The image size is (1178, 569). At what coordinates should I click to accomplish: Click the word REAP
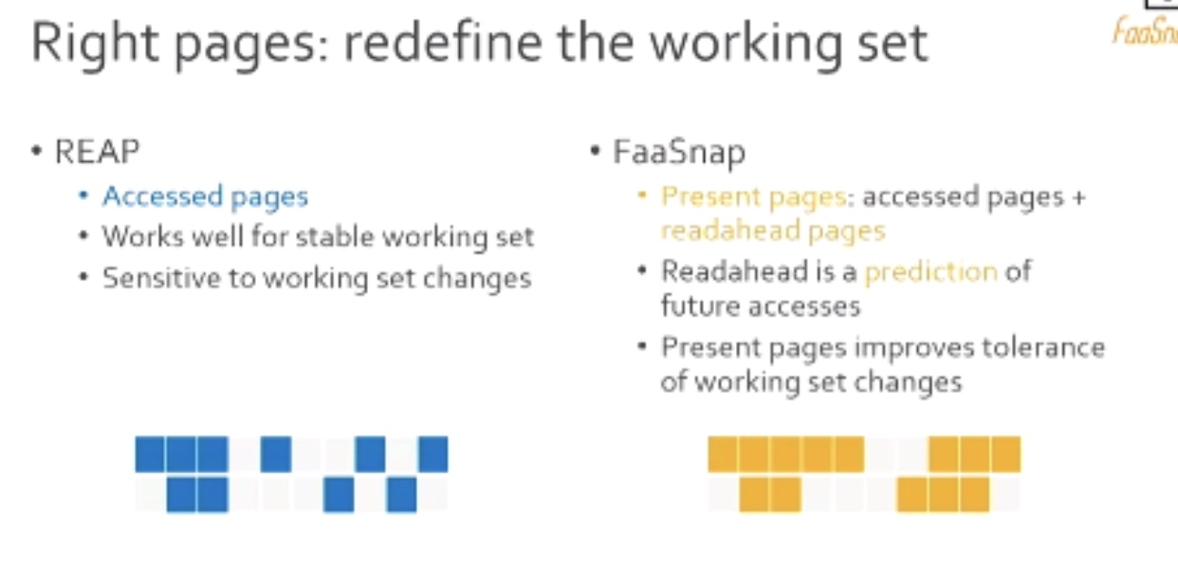[98, 152]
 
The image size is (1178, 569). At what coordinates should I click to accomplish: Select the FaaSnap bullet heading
[679, 153]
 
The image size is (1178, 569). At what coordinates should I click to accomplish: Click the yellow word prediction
[931, 272]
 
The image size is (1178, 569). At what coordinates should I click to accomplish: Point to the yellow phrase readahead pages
[773, 231]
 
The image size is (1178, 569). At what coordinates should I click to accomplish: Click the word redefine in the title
[443, 43]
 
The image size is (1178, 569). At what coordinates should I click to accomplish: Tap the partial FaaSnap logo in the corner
[1145, 30]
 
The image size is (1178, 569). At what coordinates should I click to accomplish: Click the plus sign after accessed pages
[1078, 198]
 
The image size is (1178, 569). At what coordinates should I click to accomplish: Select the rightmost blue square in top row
[433, 454]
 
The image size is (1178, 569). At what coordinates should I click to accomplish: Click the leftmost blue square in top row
[150, 454]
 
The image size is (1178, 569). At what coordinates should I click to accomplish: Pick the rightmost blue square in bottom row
[402, 494]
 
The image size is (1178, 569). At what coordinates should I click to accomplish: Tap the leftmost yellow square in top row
[723, 454]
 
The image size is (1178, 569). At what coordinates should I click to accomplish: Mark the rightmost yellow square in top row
[1006, 454]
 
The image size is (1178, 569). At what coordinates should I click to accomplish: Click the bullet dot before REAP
[36, 152]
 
